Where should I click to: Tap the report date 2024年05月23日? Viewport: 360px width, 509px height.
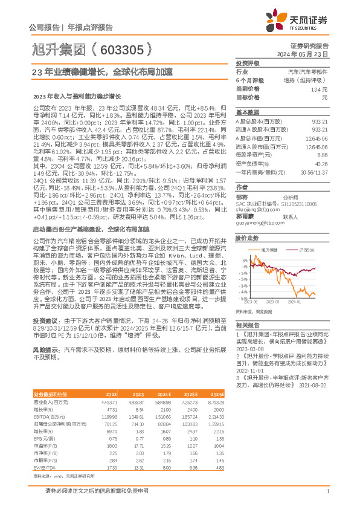tap(309, 54)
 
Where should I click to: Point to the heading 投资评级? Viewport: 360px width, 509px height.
tap(248, 63)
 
